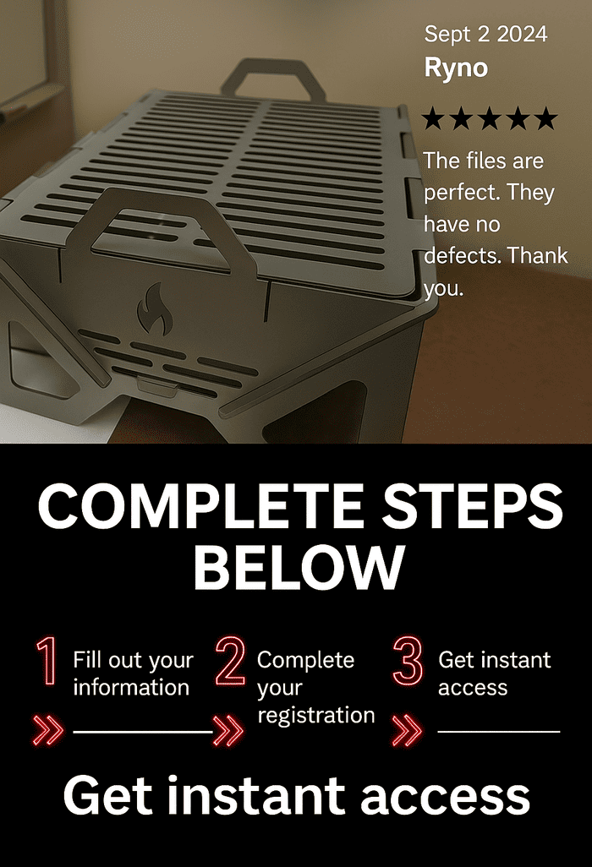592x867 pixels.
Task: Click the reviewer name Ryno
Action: click(456, 68)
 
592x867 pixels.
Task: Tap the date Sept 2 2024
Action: click(485, 35)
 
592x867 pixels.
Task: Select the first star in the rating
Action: click(433, 118)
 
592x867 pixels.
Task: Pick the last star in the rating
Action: click(546, 118)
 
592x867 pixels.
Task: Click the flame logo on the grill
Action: click(154, 308)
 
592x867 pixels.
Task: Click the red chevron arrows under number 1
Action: click(48, 730)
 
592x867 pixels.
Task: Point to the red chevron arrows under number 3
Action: click(407, 730)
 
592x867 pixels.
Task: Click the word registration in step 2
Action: click(316, 716)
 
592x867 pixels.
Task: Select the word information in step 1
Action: click(131, 687)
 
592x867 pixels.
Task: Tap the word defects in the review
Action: click(462, 256)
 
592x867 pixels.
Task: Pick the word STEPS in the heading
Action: click(473, 506)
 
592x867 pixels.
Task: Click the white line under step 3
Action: click(498, 732)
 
